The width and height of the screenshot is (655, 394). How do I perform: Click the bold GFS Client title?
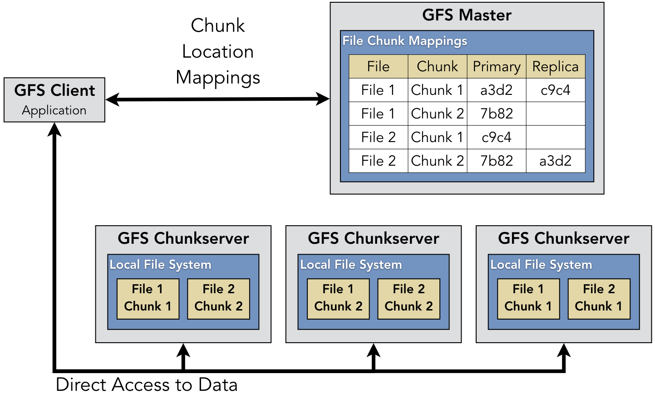[54, 90]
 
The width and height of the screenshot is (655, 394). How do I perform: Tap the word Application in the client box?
[54, 110]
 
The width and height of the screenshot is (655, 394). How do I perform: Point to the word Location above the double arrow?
[217, 51]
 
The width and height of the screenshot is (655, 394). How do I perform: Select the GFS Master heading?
[467, 15]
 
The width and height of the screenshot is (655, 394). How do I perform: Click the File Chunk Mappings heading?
[404, 41]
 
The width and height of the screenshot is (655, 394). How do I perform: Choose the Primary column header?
[497, 66]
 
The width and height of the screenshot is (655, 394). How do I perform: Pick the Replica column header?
[555, 66]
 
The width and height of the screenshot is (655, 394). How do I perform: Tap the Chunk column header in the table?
[437, 66]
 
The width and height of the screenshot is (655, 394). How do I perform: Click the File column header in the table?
[378, 66]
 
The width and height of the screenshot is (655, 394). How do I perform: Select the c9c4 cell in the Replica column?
[555, 90]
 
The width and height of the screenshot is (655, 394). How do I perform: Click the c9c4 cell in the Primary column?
[497, 137]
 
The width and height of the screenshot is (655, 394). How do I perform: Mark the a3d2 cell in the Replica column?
[555, 161]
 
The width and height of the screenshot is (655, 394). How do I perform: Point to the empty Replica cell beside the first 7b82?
[555, 113]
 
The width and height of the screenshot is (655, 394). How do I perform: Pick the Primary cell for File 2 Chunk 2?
[497, 161]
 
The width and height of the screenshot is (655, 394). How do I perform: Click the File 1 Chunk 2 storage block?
[338, 298]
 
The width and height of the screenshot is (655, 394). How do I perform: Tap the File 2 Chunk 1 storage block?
[599, 298]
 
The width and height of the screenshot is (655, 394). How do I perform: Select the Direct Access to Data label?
[147, 384]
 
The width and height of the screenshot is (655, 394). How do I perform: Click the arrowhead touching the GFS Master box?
[323, 99]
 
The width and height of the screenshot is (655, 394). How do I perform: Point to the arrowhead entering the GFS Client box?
[54, 129]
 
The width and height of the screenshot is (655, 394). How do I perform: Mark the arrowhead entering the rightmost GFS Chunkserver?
[564, 350]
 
